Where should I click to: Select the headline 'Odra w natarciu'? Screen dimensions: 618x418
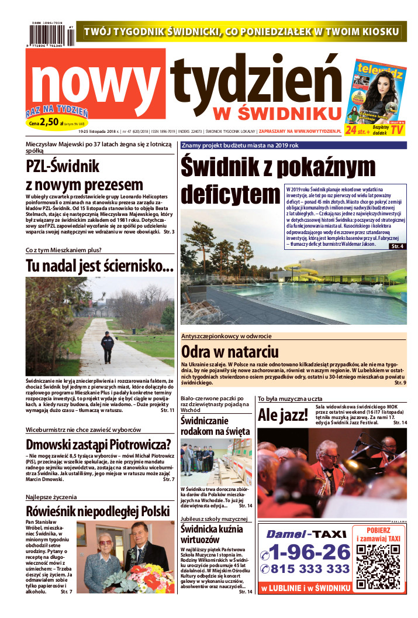[229, 352]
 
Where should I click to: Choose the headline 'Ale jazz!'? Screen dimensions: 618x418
[282, 416]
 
